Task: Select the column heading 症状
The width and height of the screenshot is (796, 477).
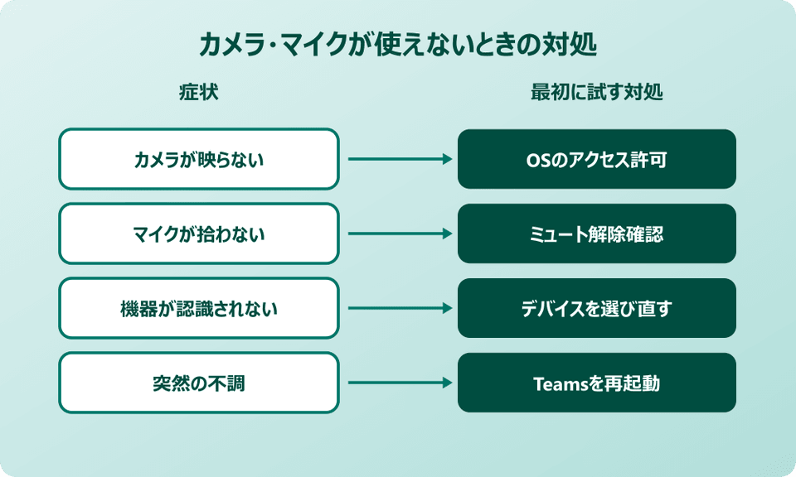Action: (x=199, y=93)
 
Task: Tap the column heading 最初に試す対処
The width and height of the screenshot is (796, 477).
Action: (x=596, y=93)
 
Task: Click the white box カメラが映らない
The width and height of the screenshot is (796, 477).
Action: (x=199, y=159)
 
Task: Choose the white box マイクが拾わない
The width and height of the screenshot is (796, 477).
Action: (x=199, y=234)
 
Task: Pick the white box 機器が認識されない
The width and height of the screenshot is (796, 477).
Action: (x=199, y=308)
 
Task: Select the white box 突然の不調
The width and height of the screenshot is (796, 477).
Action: (x=199, y=383)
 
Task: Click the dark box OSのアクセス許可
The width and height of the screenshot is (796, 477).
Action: (x=597, y=159)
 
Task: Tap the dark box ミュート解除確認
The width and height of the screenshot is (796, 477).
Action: (x=597, y=234)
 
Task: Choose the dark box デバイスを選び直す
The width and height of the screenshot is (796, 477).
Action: (x=597, y=308)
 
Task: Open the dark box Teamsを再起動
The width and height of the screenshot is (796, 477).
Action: (x=597, y=383)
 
